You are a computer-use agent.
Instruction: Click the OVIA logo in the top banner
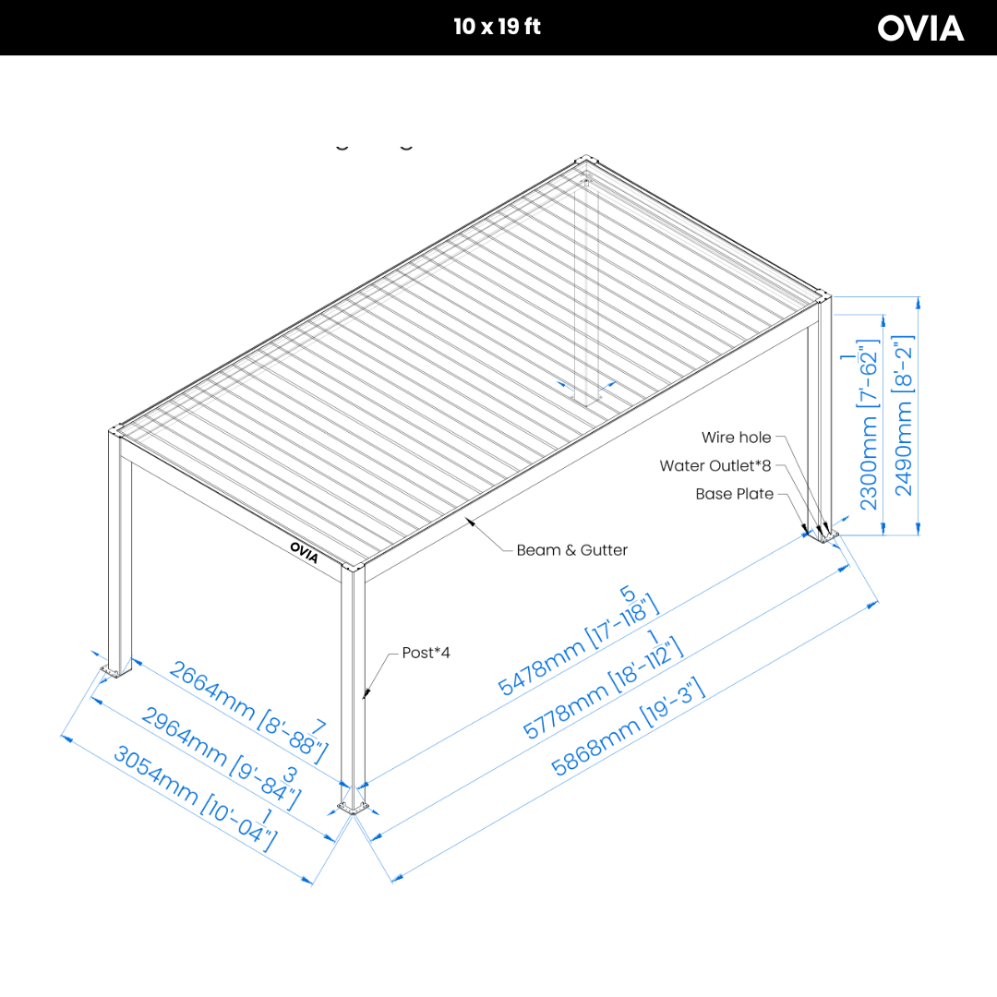click(920, 28)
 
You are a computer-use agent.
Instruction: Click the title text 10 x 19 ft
click(497, 27)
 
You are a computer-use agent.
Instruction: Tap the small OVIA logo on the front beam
click(304, 551)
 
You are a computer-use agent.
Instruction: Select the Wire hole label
click(736, 438)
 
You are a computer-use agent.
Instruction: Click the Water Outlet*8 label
click(715, 465)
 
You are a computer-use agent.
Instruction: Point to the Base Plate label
click(734, 494)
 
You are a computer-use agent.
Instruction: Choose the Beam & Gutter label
click(571, 550)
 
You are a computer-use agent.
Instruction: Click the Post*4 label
click(426, 653)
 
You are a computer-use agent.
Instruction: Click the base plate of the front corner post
click(354, 809)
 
